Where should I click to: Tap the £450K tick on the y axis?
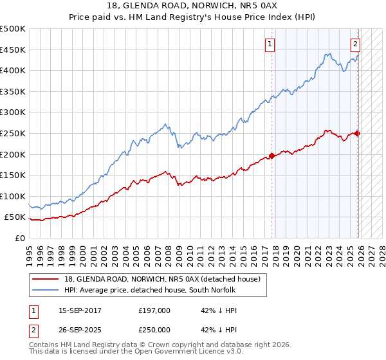pyautogui.click(x=13, y=50)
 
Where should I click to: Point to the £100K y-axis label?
pyautogui.click(x=13, y=196)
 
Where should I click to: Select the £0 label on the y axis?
pyautogui.click(x=19, y=238)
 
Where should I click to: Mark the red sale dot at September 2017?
pyautogui.click(x=271, y=155)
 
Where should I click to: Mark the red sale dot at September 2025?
pyautogui.click(x=358, y=133)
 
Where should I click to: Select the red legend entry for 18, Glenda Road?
pyautogui.click(x=161, y=279)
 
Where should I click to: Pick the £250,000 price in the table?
pyautogui.click(x=154, y=329)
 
